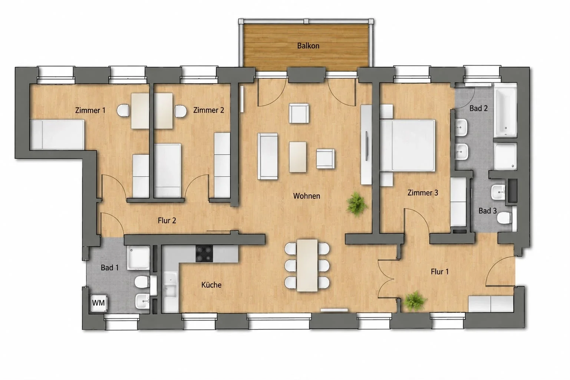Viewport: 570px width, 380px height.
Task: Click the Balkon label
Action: coord(308,46)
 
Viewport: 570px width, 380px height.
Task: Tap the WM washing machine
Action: coord(98,303)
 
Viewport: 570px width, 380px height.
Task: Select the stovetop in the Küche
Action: coord(204,254)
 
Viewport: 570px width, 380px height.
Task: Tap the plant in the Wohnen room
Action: coord(357,204)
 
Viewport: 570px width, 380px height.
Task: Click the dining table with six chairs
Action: coord(307,265)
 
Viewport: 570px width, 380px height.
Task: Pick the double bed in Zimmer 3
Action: coord(408,146)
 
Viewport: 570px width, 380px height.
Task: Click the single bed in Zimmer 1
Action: coord(57,134)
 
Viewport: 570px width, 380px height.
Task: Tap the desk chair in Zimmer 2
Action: coord(180,111)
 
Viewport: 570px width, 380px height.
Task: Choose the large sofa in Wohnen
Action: coord(267,156)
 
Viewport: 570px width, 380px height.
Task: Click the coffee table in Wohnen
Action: coord(298,157)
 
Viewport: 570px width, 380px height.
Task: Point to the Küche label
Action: coord(211,285)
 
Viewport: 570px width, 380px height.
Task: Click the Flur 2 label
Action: coord(167,220)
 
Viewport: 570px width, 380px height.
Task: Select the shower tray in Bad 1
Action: coord(138,258)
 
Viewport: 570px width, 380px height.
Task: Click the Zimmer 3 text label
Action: coord(423,193)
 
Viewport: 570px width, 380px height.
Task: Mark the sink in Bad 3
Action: coord(498,192)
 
